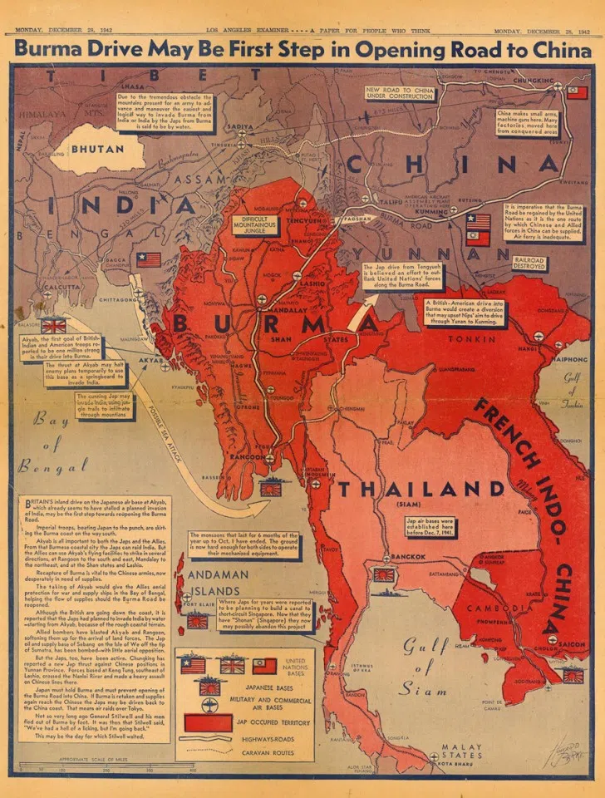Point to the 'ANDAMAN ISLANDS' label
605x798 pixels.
217,582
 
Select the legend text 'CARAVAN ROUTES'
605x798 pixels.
266,751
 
